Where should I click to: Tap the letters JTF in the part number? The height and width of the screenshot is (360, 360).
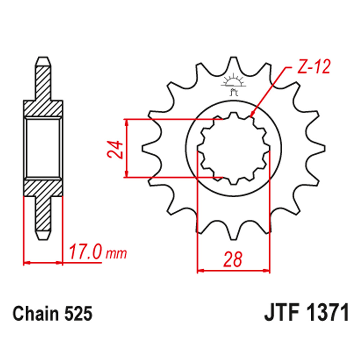click(x=281, y=313)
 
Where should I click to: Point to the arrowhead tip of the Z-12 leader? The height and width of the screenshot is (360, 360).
click(x=251, y=117)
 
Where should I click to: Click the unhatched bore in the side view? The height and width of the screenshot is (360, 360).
click(x=43, y=148)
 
